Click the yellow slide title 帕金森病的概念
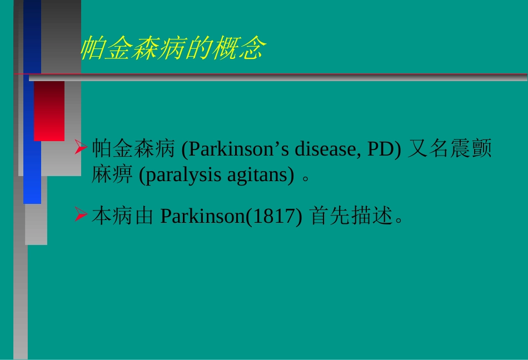173,49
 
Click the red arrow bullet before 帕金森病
81,148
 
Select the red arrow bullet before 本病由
81,215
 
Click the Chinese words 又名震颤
450,149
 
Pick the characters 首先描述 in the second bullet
351,216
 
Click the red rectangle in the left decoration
49,111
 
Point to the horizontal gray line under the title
278,78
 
